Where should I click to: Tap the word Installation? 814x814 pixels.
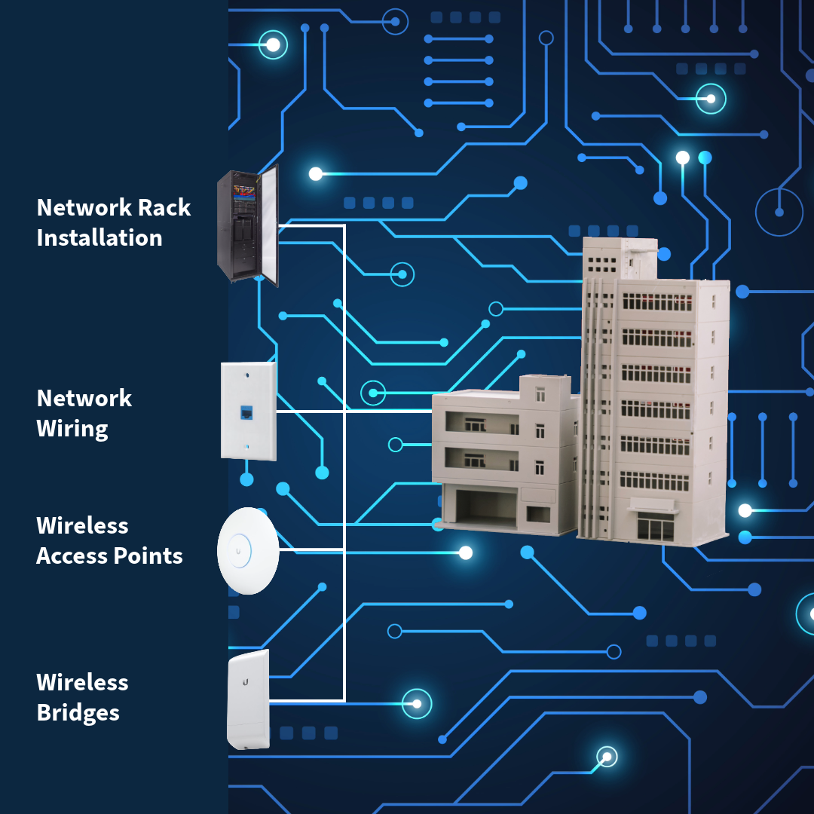[x=99, y=238]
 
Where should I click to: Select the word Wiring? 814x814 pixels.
[x=72, y=429]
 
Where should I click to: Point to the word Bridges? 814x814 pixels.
[x=78, y=713]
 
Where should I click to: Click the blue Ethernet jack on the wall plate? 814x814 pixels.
[x=246, y=413]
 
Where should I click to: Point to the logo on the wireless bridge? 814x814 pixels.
[x=246, y=681]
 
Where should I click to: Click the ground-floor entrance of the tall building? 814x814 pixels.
[x=654, y=525]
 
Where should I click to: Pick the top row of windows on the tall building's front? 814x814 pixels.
[x=656, y=301]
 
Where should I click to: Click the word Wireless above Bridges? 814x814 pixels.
[x=82, y=683]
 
